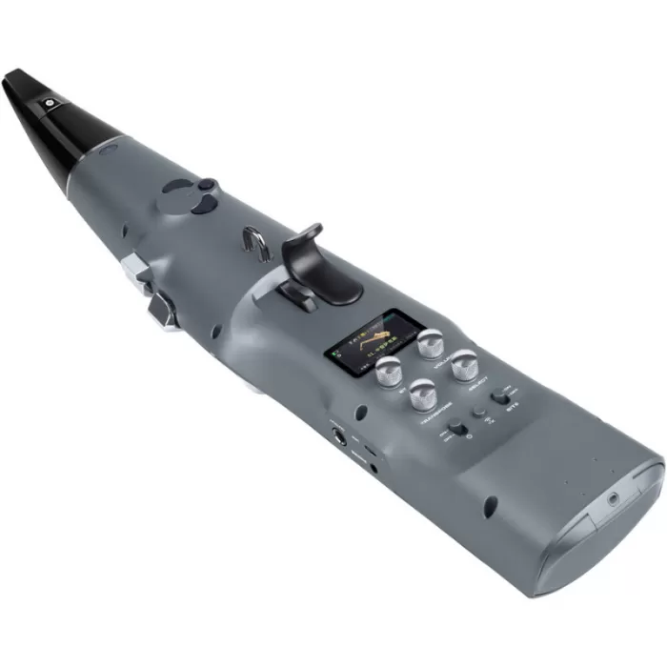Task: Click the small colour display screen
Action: (366, 340)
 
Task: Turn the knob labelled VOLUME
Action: (431, 342)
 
